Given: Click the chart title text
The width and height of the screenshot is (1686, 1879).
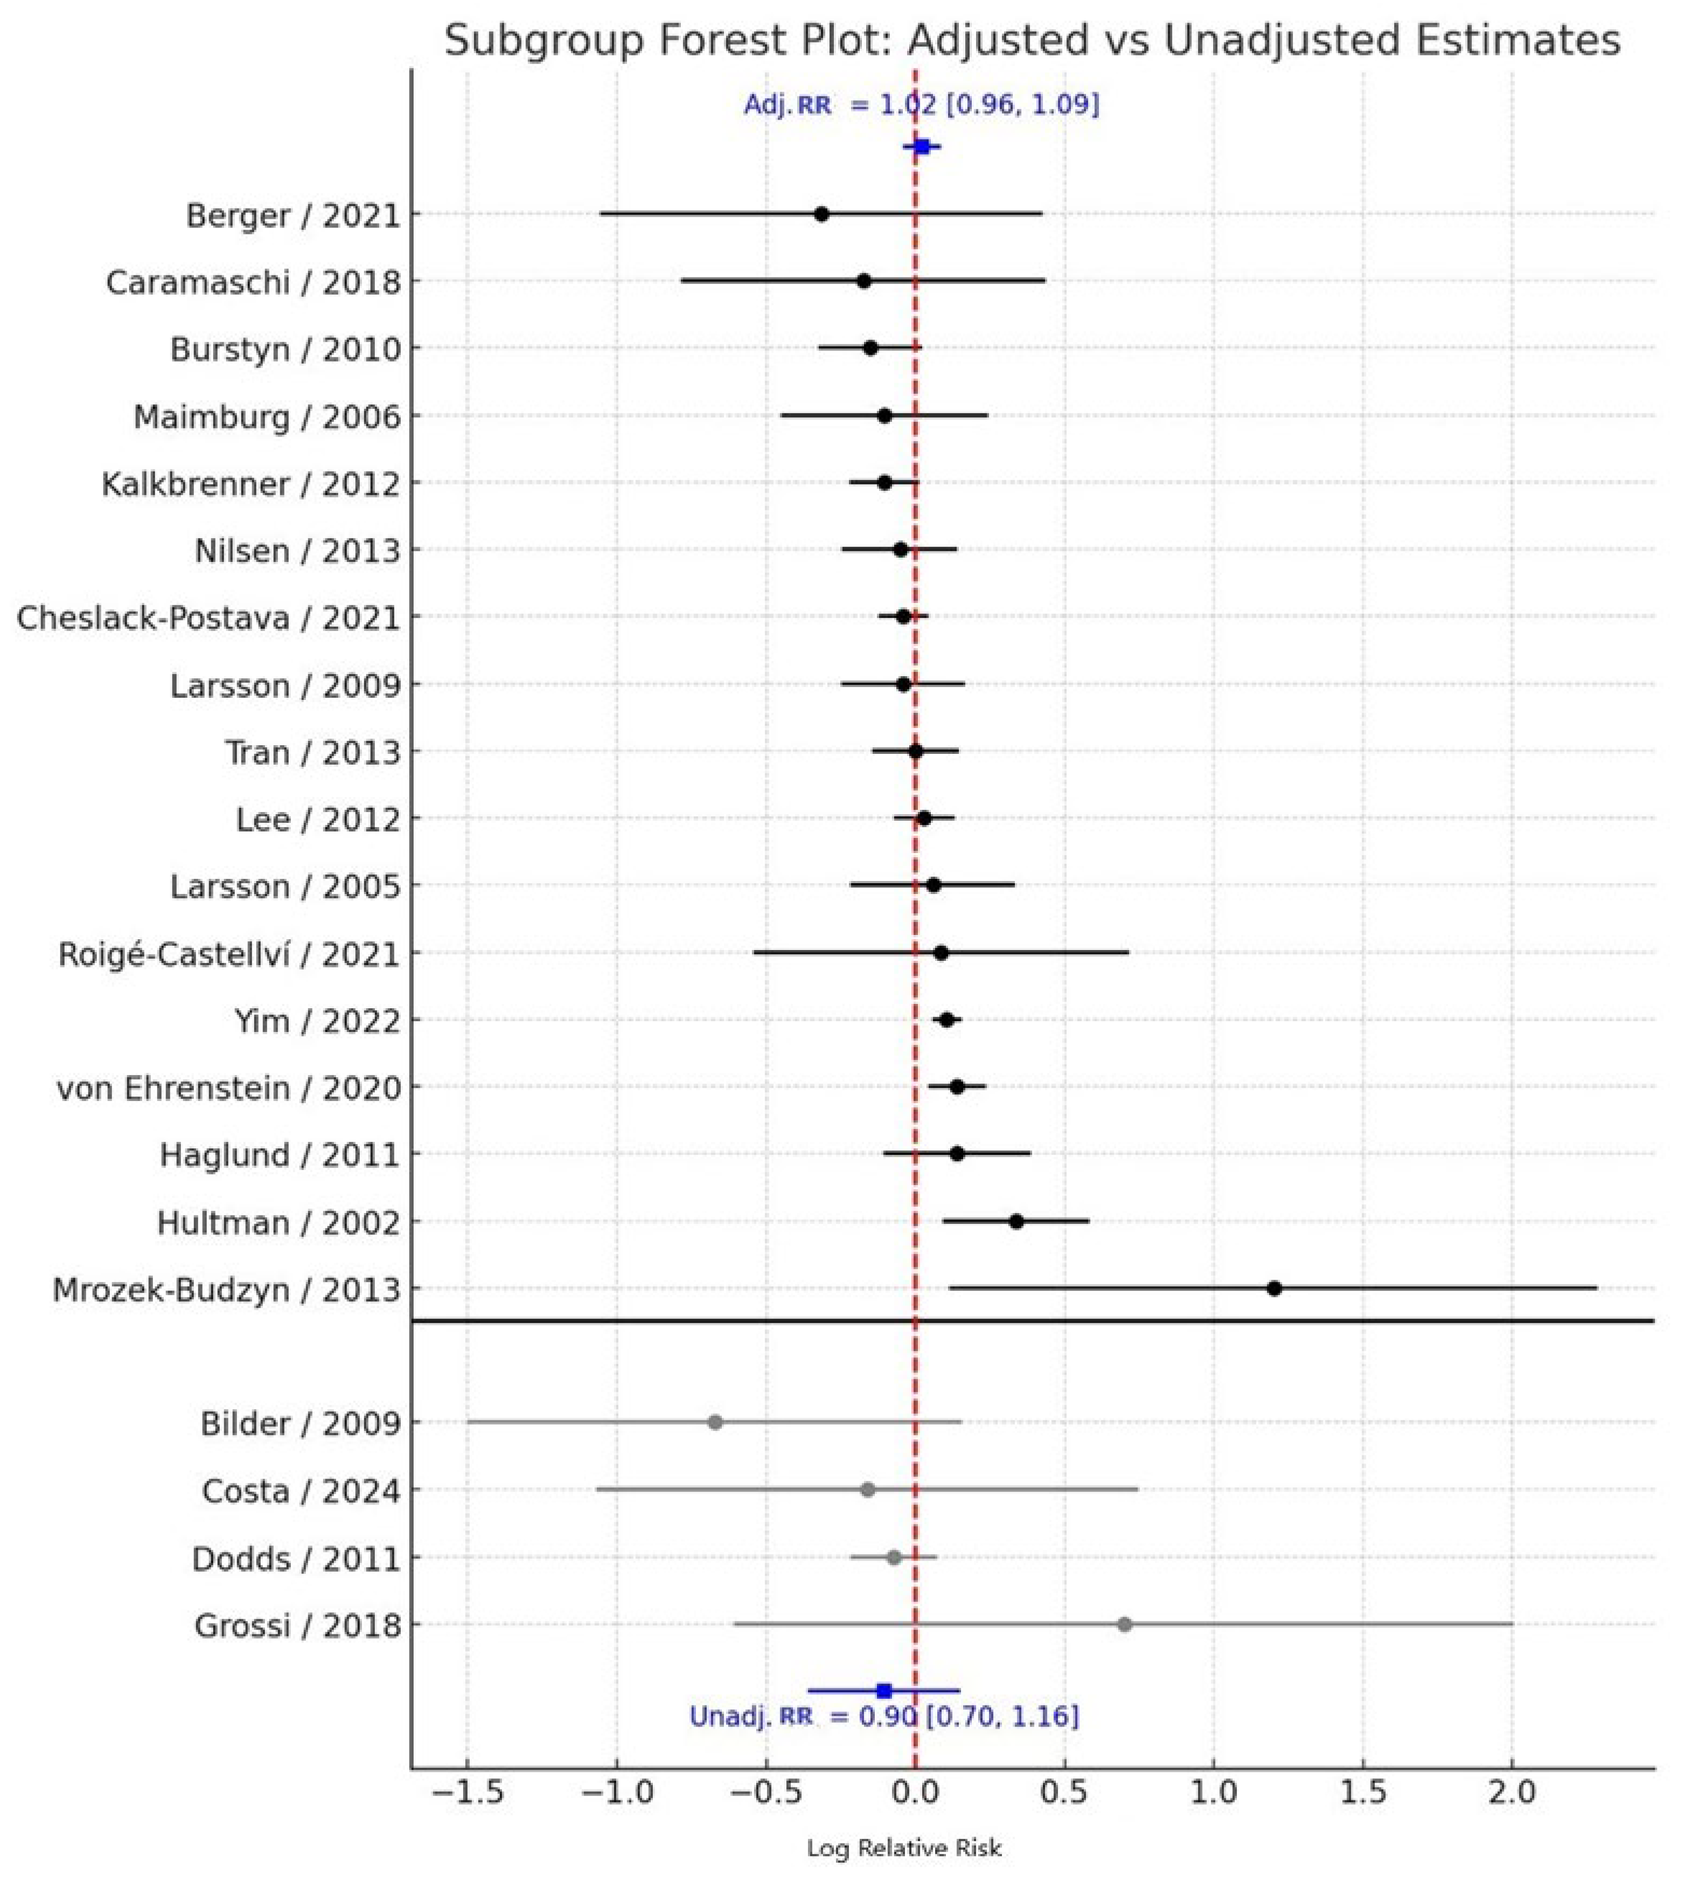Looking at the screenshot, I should [1032, 41].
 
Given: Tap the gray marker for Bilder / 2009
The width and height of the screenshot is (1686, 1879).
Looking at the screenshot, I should [714, 1422].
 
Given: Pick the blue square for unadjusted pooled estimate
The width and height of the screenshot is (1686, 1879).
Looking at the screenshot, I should [884, 1692].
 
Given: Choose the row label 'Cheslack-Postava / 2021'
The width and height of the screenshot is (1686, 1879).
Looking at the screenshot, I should [208, 618].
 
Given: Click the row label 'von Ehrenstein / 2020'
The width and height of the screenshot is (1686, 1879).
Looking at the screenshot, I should [229, 1088].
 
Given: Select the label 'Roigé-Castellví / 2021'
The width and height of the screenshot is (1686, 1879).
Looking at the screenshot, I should [229, 953].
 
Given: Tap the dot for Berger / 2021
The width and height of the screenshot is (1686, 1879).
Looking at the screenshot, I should [821, 214].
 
